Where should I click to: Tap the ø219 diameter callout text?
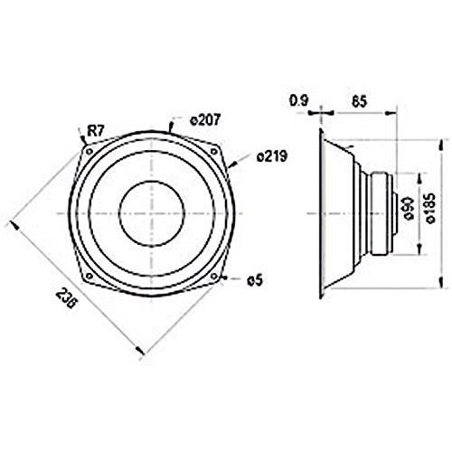coord(271,156)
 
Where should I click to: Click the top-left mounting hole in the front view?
coord(87,151)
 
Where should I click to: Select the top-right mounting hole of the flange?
coord(215,151)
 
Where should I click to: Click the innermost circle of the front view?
coord(151,214)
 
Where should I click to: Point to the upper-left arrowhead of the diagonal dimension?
coord(13,220)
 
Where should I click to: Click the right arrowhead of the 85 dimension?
coord(394,113)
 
